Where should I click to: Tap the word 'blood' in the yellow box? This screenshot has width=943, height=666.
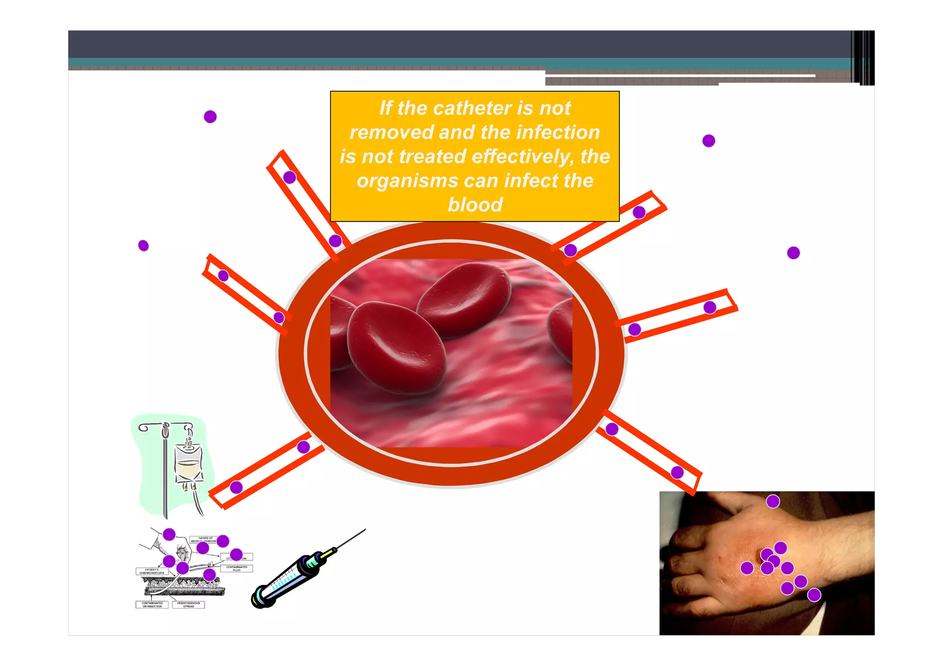(x=475, y=205)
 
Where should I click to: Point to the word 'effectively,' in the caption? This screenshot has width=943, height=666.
(x=523, y=157)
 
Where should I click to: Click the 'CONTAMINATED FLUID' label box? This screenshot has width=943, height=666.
(x=237, y=569)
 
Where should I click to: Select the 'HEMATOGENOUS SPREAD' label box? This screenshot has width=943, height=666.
(x=188, y=605)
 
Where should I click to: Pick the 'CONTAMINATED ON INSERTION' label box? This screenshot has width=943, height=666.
(x=152, y=605)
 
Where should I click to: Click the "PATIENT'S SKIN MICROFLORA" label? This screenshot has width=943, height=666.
(x=151, y=572)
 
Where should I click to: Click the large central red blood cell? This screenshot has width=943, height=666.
(x=396, y=348)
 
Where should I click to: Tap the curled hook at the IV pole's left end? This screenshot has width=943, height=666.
(x=143, y=429)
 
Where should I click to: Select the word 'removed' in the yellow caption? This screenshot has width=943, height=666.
(x=391, y=133)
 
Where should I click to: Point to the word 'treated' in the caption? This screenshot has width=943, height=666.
(x=432, y=157)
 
